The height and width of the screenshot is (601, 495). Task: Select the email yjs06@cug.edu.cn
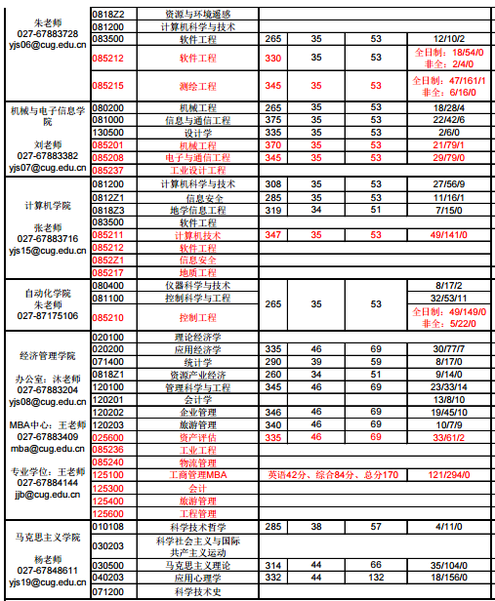pyautogui.click(x=47, y=45)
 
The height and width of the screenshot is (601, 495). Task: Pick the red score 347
pyautogui.click(x=273, y=235)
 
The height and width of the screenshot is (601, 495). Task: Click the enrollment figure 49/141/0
pyautogui.click(x=448, y=235)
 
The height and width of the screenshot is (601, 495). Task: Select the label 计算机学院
pyautogui.click(x=47, y=206)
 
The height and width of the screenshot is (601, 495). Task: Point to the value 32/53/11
pyautogui.click(x=448, y=299)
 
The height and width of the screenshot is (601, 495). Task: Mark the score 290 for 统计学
pyautogui.click(x=273, y=362)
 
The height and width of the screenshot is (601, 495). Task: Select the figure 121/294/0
pyautogui.click(x=448, y=475)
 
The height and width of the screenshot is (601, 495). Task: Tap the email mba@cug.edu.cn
pyautogui.click(x=47, y=449)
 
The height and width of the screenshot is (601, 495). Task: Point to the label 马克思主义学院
pyautogui.click(x=47, y=538)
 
